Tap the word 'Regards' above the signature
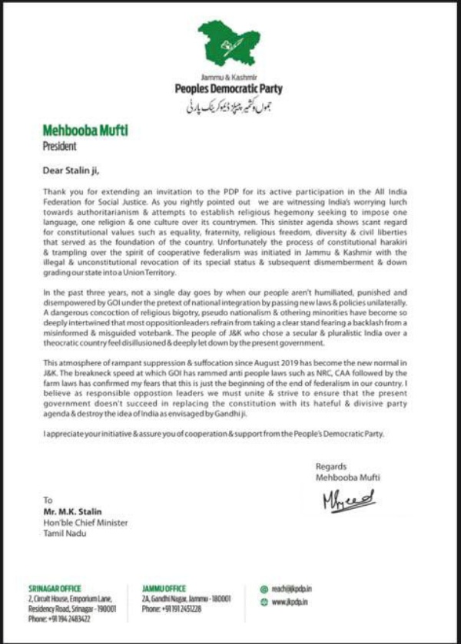coord(330,466)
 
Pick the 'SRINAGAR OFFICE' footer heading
coord(55,589)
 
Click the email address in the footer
coord(296,589)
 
